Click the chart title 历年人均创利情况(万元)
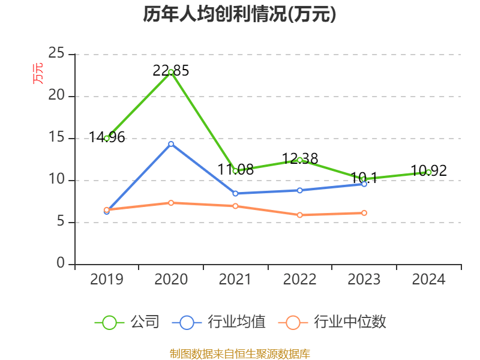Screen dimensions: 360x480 pyautogui.click(x=239, y=14)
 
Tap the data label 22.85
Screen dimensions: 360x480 pyautogui.click(x=171, y=71)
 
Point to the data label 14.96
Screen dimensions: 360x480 pyautogui.click(x=107, y=137)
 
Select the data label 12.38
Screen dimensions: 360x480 pyautogui.click(x=300, y=159)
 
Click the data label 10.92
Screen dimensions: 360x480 pyautogui.click(x=429, y=171)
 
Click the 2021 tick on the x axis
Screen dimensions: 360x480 pyautogui.click(x=236, y=280)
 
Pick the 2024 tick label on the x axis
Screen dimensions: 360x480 pyautogui.click(x=428, y=280)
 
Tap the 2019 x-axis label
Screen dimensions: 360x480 pyautogui.click(x=107, y=280)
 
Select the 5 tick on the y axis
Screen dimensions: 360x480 pyautogui.click(x=61, y=222)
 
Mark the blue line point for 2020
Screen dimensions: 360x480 pyautogui.click(x=171, y=144)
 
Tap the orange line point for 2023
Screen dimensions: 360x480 pyautogui.click(x=364, y=213)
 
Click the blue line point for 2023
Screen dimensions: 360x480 pyautogui.click(x=364, y=184)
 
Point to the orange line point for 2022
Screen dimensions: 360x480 pyautogui.click(x=300, y=215)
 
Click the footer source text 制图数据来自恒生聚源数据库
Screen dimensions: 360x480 pyautogui.click(x=239, y=353)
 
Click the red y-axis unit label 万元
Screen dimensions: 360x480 pyautogui.click(x=38, y=73)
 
